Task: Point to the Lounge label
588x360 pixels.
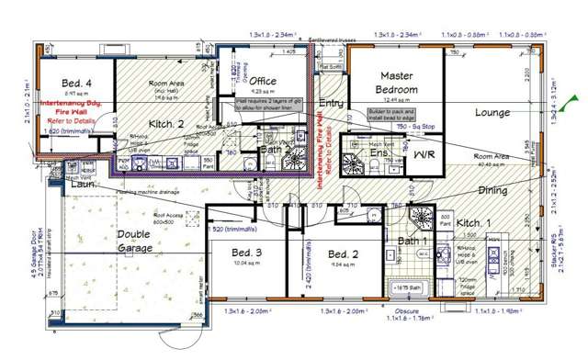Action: coord(492,113)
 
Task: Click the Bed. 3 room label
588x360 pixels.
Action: coord(246,253)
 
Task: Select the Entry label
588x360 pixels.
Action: coord(332,104)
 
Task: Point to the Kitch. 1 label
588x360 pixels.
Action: coord(476,223)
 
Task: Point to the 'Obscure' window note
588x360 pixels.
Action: coord(399,309)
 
